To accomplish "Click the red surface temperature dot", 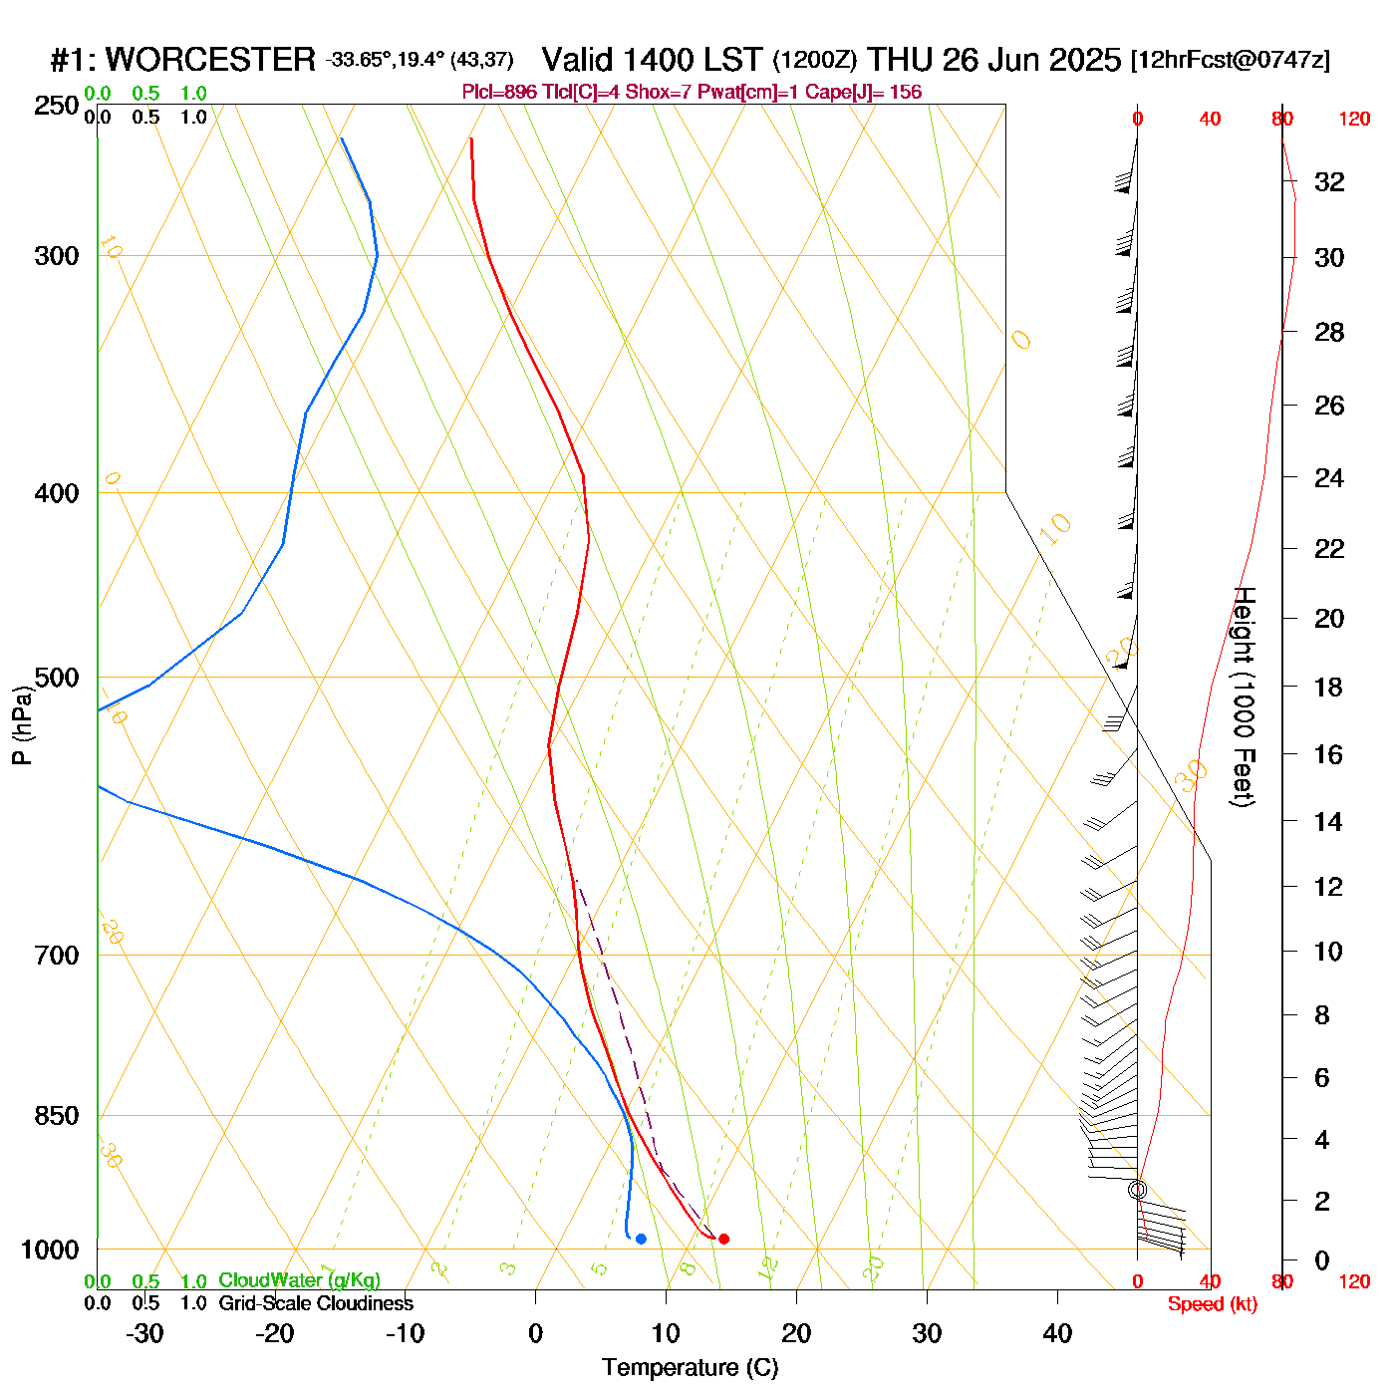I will (x=723, y=1239).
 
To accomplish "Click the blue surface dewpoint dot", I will (x=641, y=1239).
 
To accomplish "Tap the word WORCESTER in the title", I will (x=210, y=60).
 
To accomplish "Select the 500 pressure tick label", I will (x=57, y=678).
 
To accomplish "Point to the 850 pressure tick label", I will (x=57, y=1116).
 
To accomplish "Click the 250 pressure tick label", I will (x=57, y=106).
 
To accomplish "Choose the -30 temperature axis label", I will (x=144, y=1333).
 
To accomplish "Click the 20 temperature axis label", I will (x=796, y=1333).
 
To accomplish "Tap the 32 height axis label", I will (x=1329, y=182).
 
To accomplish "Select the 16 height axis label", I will (x=1329, y=754).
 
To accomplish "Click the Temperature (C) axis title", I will (x=690, y=1368).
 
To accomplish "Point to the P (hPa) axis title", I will (x=22, y=725).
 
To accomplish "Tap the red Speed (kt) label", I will (x=1212, y=1304).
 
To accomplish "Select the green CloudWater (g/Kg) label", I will (x=299, y=1280).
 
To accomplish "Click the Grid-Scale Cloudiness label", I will (x=316, y=1303).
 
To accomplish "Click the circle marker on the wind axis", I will (x=1137, y=1190).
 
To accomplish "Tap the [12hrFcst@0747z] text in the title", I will (x=1230, y=60).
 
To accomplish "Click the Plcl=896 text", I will (x=499, y=93).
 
